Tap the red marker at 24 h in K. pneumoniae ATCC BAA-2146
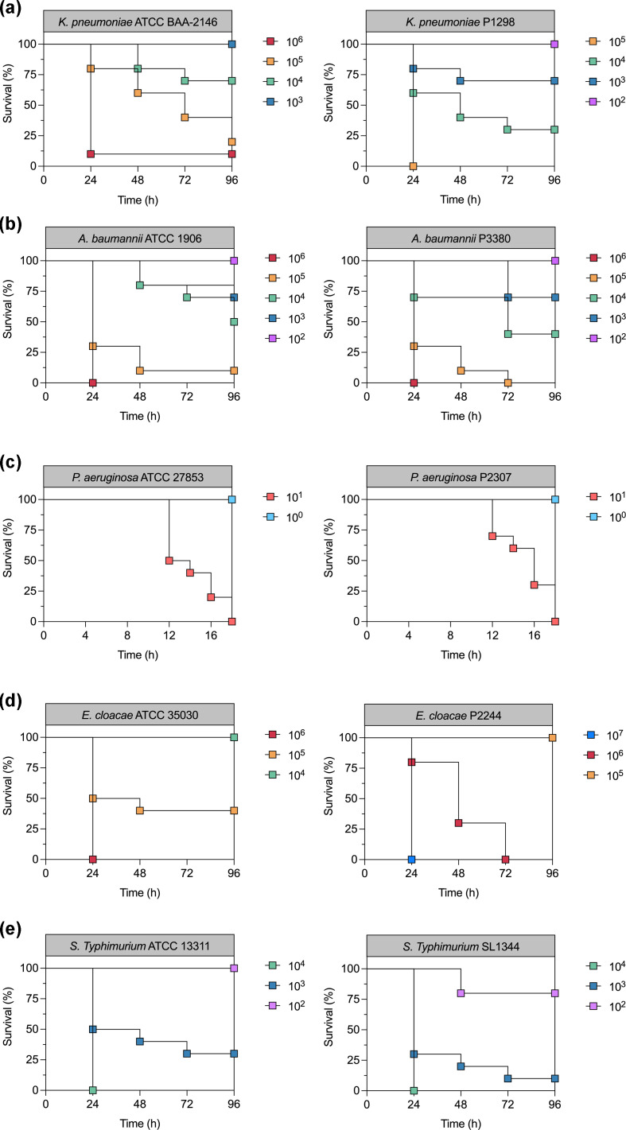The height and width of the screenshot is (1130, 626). (x=91, y=153)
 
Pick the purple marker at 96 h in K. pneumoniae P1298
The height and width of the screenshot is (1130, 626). (x=554, y=44)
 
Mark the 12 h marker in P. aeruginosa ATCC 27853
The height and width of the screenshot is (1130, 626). (x=169, y=560)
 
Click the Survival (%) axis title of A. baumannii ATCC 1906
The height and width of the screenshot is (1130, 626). (x=11, y=321)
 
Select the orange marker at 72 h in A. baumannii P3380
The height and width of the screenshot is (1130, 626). (x=507, y=382)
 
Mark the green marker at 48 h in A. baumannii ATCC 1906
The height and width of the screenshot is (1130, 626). (x=139, y=285)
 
